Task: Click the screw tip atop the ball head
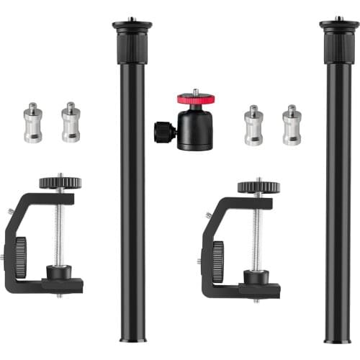pos(194,92)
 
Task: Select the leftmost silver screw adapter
pos(32,122)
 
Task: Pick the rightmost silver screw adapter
pos(292,125)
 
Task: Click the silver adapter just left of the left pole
pos(71,122)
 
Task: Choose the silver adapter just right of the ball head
pos(253,125)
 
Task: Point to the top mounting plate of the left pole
pos(132,26)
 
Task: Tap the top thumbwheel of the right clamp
pos(258,186)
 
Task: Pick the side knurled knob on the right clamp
pos(217,260)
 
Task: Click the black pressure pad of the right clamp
pos(256,276)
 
